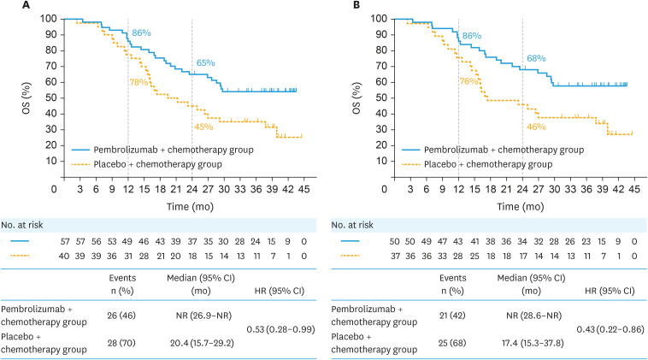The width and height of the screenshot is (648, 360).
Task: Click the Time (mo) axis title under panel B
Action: click(x=508, y=208)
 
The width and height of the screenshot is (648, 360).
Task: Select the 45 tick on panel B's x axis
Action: click(x=633, y=190)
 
